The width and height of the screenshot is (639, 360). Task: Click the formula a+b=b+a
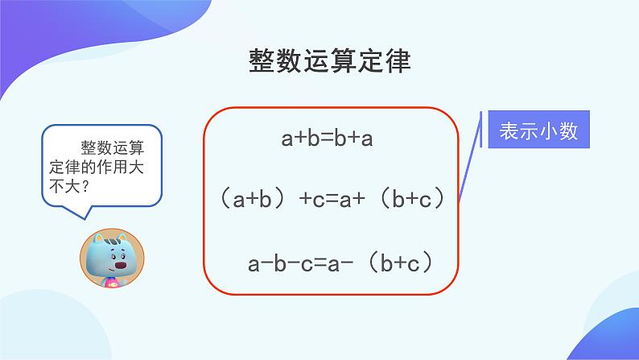coord(327,139)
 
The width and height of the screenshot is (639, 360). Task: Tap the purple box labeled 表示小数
coord(538,131)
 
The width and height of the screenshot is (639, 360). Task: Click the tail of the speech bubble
coord(77,211)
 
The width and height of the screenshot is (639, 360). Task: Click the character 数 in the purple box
coord(569,131)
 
